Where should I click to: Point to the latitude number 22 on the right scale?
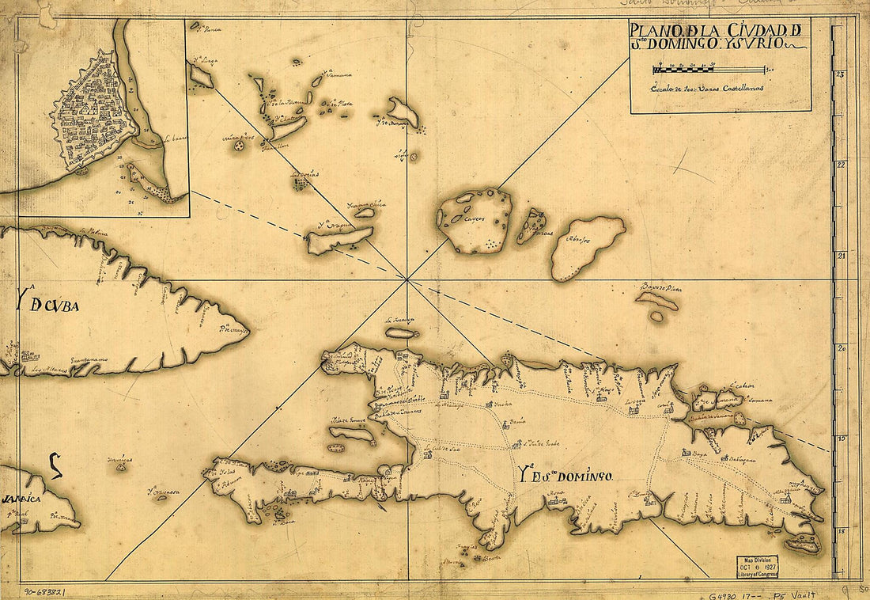tap(842, 165)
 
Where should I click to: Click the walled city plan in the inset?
tap(93, 113)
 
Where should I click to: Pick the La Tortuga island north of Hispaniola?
tap(401, 332)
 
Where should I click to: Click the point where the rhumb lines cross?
tap(407, 279)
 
